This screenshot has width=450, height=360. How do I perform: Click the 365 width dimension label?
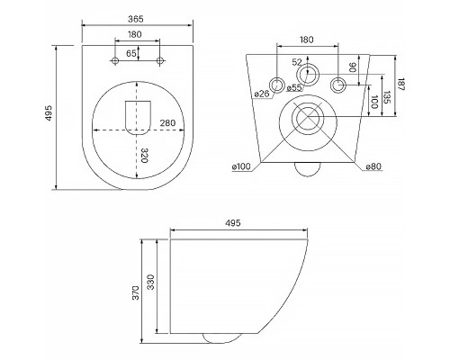[136, 19]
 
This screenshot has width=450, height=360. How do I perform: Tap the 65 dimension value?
[131, 54]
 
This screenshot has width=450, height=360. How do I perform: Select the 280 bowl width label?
[167, 123]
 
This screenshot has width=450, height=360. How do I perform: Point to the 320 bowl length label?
[145, 156]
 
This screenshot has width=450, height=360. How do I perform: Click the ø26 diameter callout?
[262, 94]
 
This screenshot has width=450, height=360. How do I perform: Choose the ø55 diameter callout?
[294, 87]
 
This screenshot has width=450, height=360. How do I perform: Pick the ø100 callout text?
[241, 166]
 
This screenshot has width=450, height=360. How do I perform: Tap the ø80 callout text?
[373, 166]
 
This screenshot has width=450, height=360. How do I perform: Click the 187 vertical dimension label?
[401, 85]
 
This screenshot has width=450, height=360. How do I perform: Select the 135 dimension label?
[387, 97]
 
